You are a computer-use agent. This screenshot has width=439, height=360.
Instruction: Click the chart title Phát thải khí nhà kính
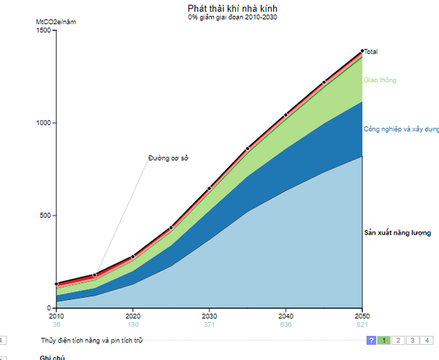232,8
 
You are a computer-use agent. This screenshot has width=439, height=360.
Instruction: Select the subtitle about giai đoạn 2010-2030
232,17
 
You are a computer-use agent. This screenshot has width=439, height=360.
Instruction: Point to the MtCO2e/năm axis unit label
56,22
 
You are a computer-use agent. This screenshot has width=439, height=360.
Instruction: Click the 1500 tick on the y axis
44,30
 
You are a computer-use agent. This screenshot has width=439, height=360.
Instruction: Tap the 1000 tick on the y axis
44,123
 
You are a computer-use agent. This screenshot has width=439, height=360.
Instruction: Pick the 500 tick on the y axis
45,215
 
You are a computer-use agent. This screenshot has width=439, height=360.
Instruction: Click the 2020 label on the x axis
133,316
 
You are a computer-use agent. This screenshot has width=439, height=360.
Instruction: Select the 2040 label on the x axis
286,316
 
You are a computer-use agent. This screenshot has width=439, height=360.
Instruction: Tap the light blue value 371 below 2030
210,324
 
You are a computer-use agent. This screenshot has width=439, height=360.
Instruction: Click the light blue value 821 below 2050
362,324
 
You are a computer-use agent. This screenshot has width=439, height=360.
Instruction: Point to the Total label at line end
370,52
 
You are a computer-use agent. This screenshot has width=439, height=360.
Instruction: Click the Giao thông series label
380,80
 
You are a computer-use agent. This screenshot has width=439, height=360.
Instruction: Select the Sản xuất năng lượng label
397,233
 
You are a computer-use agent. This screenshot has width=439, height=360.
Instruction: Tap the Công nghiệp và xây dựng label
401,129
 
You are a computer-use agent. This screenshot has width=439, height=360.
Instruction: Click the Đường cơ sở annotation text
168,158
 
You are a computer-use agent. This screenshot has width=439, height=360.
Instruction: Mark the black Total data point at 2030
210,188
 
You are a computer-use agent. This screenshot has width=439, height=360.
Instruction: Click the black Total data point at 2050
362,51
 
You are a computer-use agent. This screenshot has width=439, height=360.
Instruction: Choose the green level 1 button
383,340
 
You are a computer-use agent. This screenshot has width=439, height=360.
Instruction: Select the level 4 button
427,340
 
